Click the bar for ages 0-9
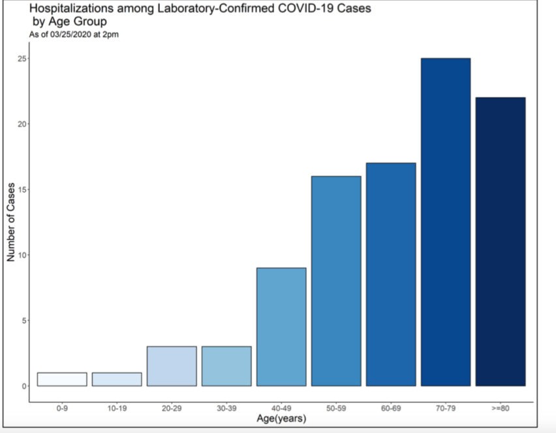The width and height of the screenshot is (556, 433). pos(62,379)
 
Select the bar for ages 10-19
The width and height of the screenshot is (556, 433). pos(117,379)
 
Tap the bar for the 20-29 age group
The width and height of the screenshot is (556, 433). pos(172,366)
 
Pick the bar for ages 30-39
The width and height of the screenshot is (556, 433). pos(226,366)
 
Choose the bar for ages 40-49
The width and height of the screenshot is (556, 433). pos(281,327)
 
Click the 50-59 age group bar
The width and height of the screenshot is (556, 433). pos(336,281)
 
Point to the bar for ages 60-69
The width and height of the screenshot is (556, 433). pos(391,274)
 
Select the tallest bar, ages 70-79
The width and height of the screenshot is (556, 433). pos(446,222)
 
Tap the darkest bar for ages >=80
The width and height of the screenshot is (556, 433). pos(501,242)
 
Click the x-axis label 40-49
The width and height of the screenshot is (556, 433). pos(281,408)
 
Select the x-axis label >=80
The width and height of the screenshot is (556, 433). pos(501,408)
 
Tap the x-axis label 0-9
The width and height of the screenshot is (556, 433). pos(62,408)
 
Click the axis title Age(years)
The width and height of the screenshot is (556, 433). pos(281,418)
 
